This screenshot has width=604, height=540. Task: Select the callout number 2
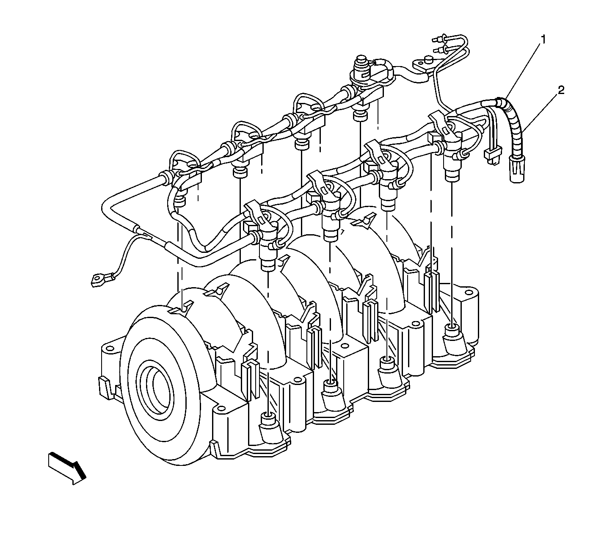(x=561, y=90)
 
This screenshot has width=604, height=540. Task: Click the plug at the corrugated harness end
(x=517, y=170)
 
